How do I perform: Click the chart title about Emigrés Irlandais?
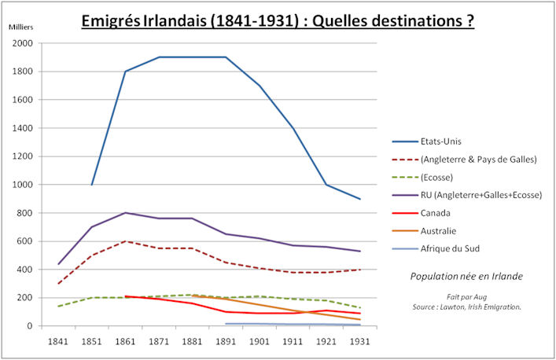tap(278, 20)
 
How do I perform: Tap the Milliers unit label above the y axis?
tap(21, 28)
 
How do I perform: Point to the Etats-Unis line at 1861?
tap(126, 72)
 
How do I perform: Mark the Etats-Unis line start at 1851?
tap(92, 185)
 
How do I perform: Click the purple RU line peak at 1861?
tap(126, 213)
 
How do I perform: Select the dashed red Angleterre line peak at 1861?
tap(126, 241)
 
